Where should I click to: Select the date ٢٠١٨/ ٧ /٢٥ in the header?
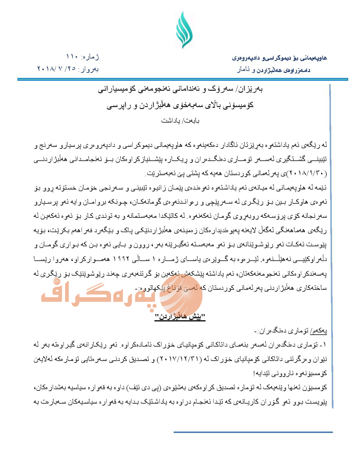click(56, 69)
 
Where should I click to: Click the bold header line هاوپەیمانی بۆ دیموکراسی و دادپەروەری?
click(279, 58)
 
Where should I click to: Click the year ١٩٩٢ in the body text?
click(121, 259)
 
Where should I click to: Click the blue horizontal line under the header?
click(182, 80)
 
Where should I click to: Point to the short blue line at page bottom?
click(253, 432)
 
